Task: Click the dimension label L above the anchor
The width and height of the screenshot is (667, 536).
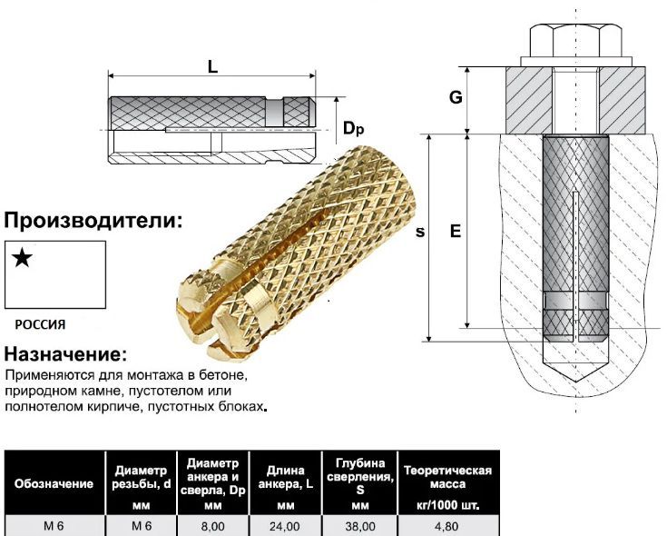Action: (212, 66)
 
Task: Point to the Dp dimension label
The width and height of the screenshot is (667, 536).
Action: (354, 129)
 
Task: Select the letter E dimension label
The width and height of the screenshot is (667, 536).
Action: (456, 232)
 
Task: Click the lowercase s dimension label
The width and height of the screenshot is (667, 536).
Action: (419, 232)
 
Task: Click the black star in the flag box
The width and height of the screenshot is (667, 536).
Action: (23, 258)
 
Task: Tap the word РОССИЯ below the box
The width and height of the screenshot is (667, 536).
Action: (40, 323)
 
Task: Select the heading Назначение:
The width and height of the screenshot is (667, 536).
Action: (66, 353)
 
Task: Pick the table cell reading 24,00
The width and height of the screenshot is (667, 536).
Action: (285, 525)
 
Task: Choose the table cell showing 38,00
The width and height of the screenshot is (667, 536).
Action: (359, 525)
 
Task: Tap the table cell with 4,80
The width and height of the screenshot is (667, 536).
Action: (447, 525)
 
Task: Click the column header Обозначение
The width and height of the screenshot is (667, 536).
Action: (53, 483)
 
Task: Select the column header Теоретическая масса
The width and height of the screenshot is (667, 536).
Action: (447, 477)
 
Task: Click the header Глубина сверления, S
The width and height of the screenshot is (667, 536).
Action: (360, 476)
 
